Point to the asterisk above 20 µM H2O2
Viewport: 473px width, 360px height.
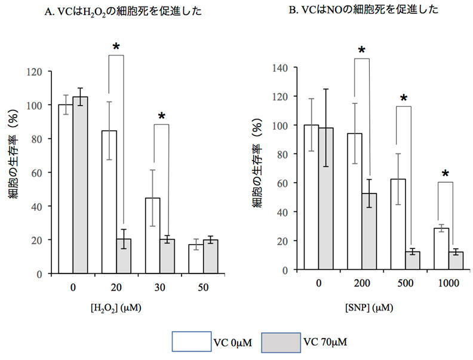tap(116, 47)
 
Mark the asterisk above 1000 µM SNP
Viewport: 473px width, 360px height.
tap(446, 174)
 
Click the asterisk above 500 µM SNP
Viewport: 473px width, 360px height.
tap(404, 99)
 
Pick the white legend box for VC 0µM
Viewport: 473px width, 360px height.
tap(191, 341)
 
